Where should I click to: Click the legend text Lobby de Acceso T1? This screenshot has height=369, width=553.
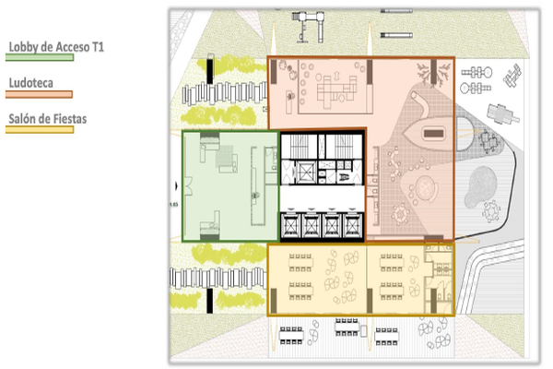pos(56,47)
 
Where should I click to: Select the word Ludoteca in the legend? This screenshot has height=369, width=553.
pos(31,83)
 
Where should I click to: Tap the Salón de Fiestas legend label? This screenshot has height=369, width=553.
pos(48,119)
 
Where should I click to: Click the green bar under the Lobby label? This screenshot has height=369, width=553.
pos(40,57)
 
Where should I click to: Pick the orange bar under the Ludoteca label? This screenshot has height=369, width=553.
pos(39,94)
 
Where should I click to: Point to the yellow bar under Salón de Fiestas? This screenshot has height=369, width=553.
pos(40,129)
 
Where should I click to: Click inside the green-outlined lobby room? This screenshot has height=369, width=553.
pos(230,186)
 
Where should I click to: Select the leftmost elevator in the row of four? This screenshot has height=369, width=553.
pos(291,225)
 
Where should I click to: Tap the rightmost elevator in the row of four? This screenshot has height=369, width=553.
pos(353,225)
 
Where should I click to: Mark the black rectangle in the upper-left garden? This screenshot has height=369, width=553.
pos(210,71)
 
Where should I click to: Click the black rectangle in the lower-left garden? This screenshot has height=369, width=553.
pos(210,301)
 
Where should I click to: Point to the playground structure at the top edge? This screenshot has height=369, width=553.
pos(308,26)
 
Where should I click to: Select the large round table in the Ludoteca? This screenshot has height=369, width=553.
pos(427,188)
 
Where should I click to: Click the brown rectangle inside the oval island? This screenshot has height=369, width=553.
pos(434,134)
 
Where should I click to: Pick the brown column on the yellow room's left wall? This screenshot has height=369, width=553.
pos(274,301)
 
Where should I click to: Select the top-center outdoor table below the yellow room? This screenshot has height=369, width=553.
pos(347,327)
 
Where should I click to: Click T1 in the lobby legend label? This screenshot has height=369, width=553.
pos(98,47)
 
